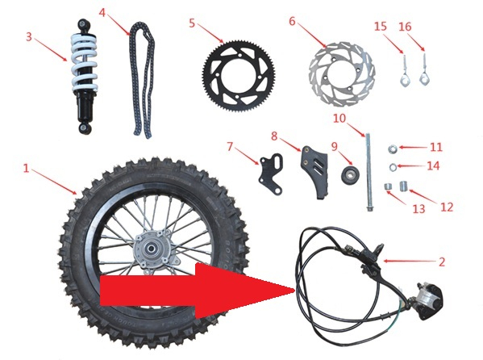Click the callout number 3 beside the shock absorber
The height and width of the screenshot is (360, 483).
click(x=28, y=37)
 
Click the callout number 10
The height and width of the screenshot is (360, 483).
click(x=339, y=118)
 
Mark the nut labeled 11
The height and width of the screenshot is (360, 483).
click(x=389, y=148)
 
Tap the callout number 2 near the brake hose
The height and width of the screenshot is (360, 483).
click(x=441, y=262)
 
